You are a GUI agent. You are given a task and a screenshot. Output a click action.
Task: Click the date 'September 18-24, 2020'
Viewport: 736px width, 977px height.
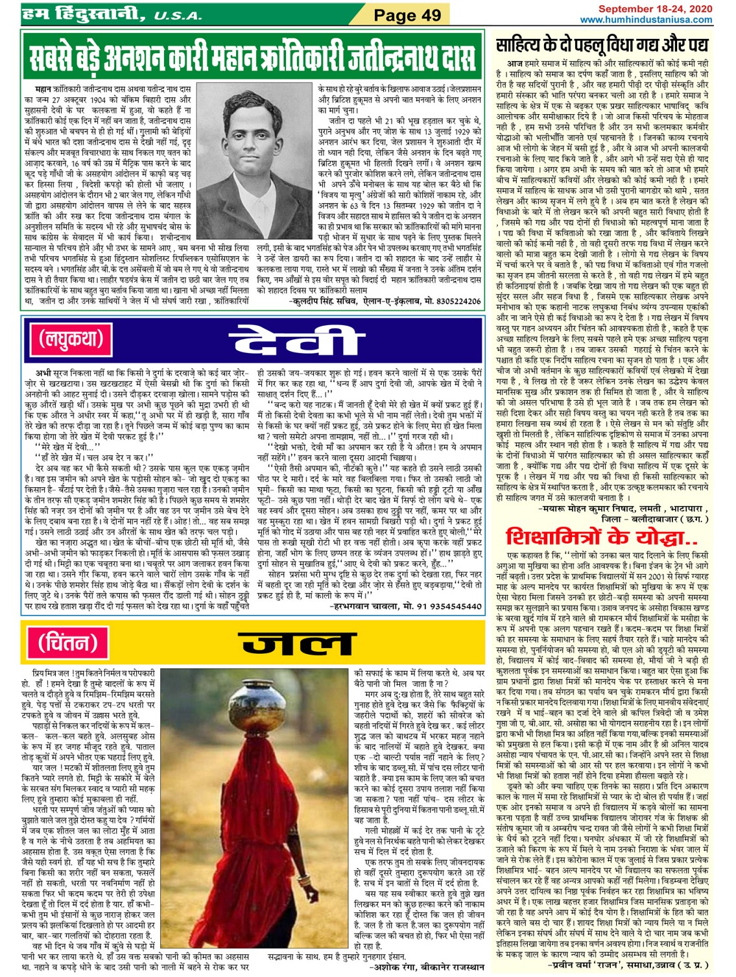tap(655, 9)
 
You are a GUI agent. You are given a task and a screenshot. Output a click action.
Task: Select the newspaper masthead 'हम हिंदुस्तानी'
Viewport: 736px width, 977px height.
tap(84, 14)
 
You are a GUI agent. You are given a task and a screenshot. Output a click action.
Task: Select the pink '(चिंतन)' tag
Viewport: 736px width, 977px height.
tap(67, 642)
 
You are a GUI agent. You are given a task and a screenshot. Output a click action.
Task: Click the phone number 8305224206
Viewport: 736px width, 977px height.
tap(458, 301)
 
